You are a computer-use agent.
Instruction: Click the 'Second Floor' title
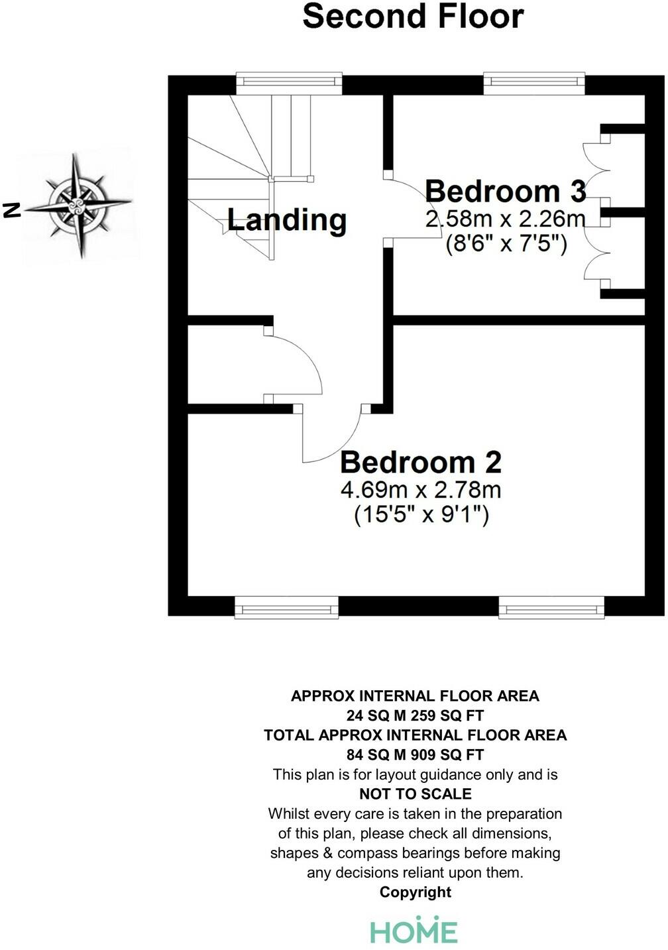pos(413,17)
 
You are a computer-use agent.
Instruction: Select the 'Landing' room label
pos(286,219)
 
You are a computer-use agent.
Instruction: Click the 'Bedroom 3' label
pos(505,191)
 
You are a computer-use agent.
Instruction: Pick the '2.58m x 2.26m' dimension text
pos(505,219)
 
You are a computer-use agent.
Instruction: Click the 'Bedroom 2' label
pos(420,462)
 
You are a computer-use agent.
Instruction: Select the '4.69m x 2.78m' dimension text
pos(420,490)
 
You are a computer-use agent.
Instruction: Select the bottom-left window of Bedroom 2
pos(286,608)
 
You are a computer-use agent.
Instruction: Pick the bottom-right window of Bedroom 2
pos(551,608)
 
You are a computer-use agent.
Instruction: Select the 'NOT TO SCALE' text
pos(415,794)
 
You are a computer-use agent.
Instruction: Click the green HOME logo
pos(414,929)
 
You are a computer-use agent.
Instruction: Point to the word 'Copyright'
pos(415,892)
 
